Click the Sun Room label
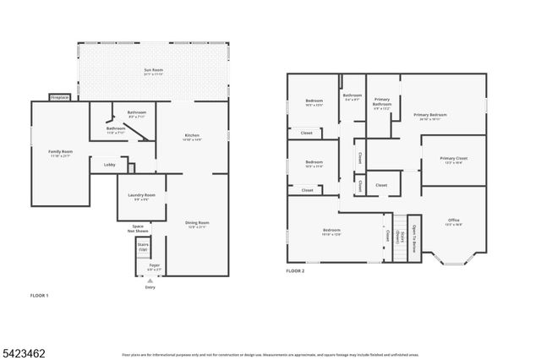coord(152,71)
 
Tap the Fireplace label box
coord(59,97)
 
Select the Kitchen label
coord(191,136)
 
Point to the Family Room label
coord(60,153)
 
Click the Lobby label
coord(109,165)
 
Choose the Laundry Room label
coord(142,196)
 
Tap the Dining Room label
coord(197,224)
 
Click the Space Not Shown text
coord(138,228)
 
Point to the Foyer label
coord(155,267)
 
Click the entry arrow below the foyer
coord(150,281)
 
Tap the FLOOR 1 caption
coord(40,296)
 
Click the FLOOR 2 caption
coord(295,270)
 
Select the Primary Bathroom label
coord(382,105)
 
